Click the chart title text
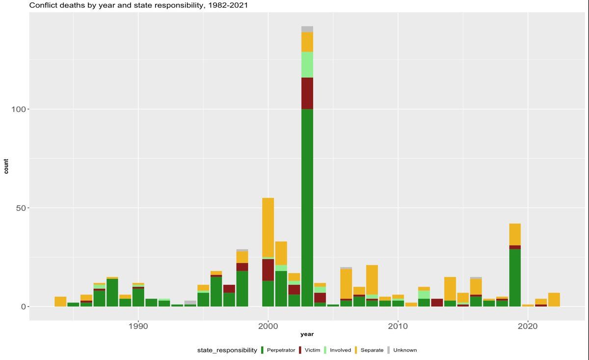(x=138, y=5)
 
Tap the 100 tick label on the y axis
(x=19, y=109)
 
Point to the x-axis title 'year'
(x=307, y=334)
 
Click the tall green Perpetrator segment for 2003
(x=307, y=206)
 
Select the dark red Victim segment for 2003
(x=307, y=93)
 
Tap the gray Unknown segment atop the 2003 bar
(x=307, y=29)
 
